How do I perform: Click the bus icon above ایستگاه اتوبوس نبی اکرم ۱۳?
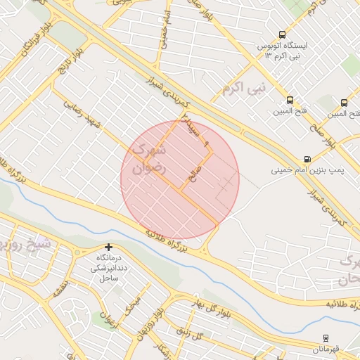pos(282,34)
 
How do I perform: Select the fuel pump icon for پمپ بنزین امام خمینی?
pos(307,160)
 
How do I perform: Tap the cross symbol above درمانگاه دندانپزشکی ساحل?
pos(108,247)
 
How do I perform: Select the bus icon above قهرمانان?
pos(326,338)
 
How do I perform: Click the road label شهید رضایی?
pos(83,114)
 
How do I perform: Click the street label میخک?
pos(132,304)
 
